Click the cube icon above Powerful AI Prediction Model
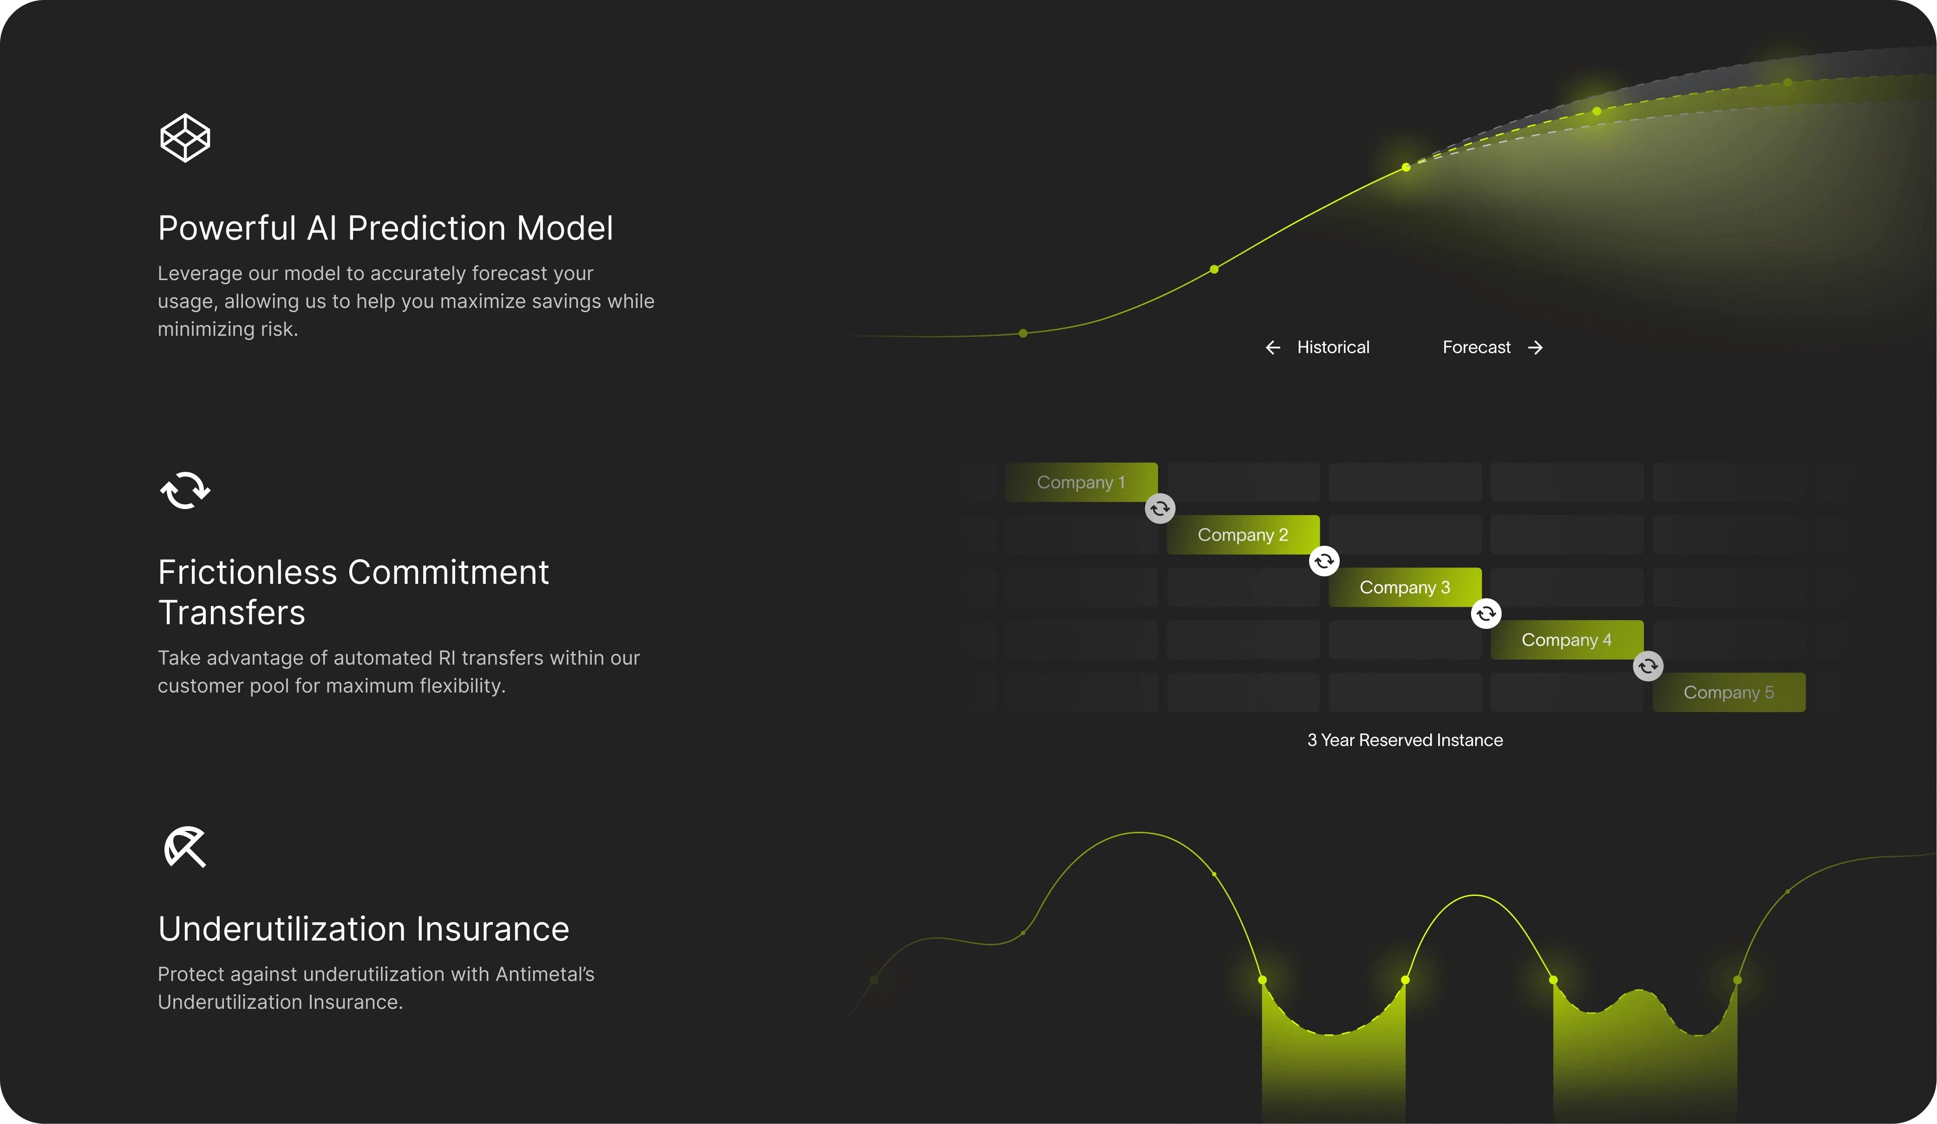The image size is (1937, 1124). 184,138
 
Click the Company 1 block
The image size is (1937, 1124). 1081,482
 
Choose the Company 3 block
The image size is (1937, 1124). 1404,588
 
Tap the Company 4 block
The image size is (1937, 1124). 1566,640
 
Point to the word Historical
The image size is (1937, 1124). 1333,347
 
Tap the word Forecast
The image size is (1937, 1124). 1476,347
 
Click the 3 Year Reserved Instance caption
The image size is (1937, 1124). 1404,739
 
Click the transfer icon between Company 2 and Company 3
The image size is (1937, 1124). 1324,561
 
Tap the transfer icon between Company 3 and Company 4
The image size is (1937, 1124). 1486,614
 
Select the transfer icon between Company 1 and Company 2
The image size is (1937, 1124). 1160,508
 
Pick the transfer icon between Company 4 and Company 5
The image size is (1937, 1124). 1648,666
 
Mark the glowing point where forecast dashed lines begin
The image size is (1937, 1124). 1406,167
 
